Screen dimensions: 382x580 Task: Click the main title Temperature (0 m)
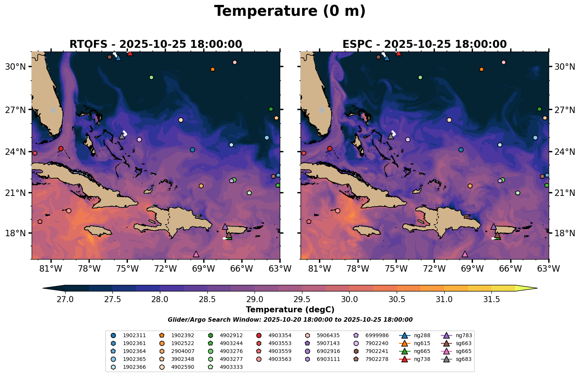click(290, 11)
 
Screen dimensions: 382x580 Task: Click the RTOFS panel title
click(155, 44)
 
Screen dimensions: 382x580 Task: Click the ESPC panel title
click(424, 44)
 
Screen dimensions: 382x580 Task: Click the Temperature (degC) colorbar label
click(290, 310)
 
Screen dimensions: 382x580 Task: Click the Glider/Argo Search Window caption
click(290, 320)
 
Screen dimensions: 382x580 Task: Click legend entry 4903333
click(231, 367)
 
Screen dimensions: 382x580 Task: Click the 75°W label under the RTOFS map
click(127, 268)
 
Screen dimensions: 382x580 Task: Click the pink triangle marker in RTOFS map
click(196, 254)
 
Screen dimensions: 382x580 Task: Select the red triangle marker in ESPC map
click(399, 53)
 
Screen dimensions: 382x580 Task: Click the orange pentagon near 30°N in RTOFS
click(213, 69)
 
